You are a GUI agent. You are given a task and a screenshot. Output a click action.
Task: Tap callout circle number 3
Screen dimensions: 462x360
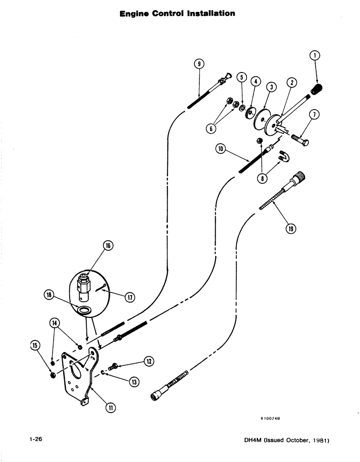click(x=271, y=86)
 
